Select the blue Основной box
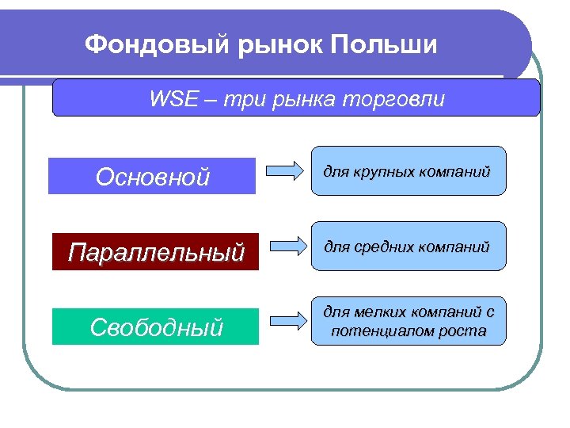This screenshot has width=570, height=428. click(x=152, y=176)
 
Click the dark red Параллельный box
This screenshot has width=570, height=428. click(x=155, y=252)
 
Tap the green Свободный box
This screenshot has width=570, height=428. click(x=155, y=327)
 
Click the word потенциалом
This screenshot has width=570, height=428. click(x=378, y=331)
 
